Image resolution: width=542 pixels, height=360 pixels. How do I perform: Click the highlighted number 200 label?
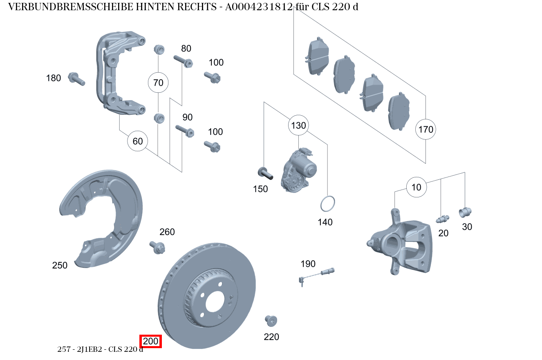pos(150,341)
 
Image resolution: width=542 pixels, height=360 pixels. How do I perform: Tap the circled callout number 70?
pos(158,83)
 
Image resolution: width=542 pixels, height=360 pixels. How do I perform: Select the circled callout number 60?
pos(138,141)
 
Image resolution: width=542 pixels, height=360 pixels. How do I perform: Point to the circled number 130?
pos(298,125)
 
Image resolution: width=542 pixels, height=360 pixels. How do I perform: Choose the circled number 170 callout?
pos(426,130)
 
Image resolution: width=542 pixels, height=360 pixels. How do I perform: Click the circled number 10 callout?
pos(416,188)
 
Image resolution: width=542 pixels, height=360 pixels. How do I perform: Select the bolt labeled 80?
pos(183,61)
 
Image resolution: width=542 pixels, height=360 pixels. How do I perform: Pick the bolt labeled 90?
pos(185,131)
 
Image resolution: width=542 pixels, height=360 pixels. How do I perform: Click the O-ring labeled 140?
pos(327,204)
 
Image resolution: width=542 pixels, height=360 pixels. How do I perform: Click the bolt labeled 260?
pos(158,247)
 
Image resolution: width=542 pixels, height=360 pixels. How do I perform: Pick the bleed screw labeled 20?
pos(442,219)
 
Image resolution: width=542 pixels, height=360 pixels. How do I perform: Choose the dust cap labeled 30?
pos(465,212)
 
